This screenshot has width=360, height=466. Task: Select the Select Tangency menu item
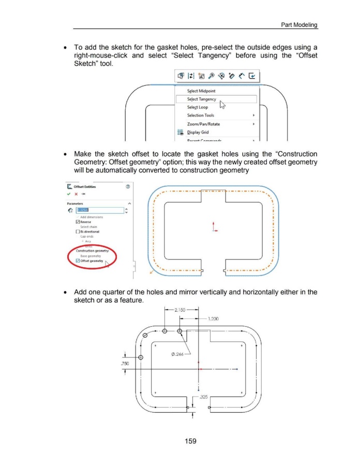[x=202, y=99]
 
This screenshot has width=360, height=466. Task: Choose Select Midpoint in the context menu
[x=202, y=91]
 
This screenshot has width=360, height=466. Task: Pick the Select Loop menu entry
[x=198, y=107]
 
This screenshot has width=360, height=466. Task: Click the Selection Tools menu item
[x=201, y=115]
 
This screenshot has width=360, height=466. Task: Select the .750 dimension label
[x=125, y=363]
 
